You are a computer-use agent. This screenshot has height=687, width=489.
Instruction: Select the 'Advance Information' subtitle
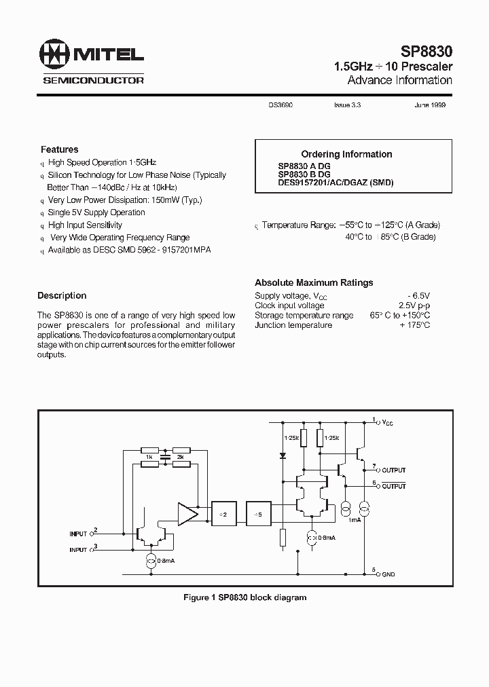coord(399,80)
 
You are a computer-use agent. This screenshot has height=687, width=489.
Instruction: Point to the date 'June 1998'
coord(429,106)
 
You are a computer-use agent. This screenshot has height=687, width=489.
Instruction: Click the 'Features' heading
coord(60,149)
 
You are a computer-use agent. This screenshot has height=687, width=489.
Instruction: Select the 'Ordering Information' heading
coord(346,154)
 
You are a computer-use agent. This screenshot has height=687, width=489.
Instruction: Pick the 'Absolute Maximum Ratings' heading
coord(314,282)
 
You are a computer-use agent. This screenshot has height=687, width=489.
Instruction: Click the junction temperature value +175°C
coord(415,325)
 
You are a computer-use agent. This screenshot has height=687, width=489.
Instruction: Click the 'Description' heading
coord(62,296)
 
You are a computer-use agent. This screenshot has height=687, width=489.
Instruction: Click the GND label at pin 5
coord(388,574)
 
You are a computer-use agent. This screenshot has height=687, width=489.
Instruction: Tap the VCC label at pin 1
coord(387,423)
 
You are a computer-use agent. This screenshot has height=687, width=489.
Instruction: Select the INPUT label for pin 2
coord(79,534)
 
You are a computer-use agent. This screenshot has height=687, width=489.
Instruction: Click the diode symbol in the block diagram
coord(283,455)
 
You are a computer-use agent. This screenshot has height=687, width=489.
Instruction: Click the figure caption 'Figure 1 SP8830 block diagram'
coord(244,597)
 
